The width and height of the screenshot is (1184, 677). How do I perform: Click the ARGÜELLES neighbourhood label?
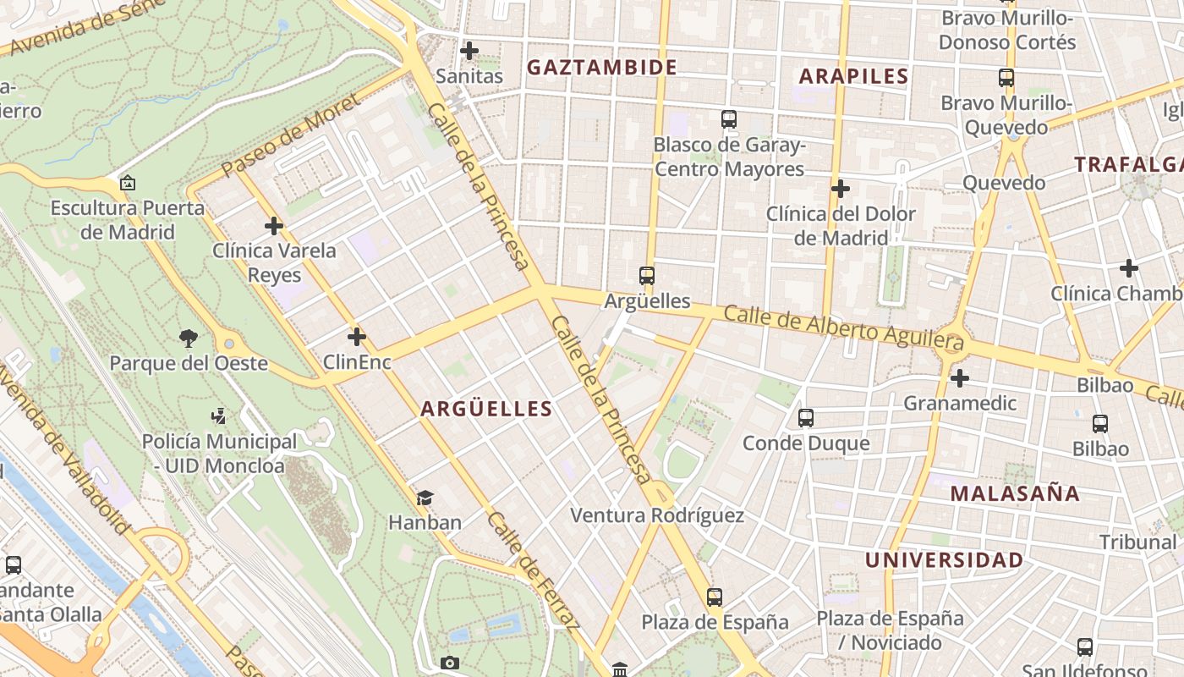click(x=486, y=409)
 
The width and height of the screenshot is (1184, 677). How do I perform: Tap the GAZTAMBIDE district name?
click(x=602, y=68)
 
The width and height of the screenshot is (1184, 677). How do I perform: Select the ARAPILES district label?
click(x=853, y=76)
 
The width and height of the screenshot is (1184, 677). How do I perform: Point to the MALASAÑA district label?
click(x=1015, y=493)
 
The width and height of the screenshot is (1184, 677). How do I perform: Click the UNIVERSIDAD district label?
click(x=944, y=560)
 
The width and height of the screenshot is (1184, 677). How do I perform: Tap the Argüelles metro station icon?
click(x=647, y=276)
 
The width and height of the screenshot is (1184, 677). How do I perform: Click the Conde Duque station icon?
click(x=806, y=417)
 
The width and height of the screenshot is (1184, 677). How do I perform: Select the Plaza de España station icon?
click(x=715, y=597)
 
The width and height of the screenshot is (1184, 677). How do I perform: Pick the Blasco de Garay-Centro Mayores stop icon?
click(x=729, y=119)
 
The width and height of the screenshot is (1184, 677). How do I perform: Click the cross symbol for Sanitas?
click(x=469, y=51)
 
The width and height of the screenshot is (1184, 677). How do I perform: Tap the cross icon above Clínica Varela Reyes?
click(x=273, y=226)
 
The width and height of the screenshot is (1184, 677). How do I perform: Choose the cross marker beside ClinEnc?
click(x=357, y=337)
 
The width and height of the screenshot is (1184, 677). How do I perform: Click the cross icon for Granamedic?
click(x=959, y=377)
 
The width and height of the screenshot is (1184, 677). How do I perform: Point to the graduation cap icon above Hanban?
click(x=425, y=498)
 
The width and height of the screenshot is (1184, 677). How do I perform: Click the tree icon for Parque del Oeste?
click(x=189, y=338)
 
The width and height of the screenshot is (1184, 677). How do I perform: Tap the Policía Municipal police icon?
click(x=219, y=416)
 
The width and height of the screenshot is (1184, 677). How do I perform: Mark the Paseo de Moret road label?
click(x=290, y=136)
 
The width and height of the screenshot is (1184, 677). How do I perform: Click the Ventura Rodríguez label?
click(x=657, y=515)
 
